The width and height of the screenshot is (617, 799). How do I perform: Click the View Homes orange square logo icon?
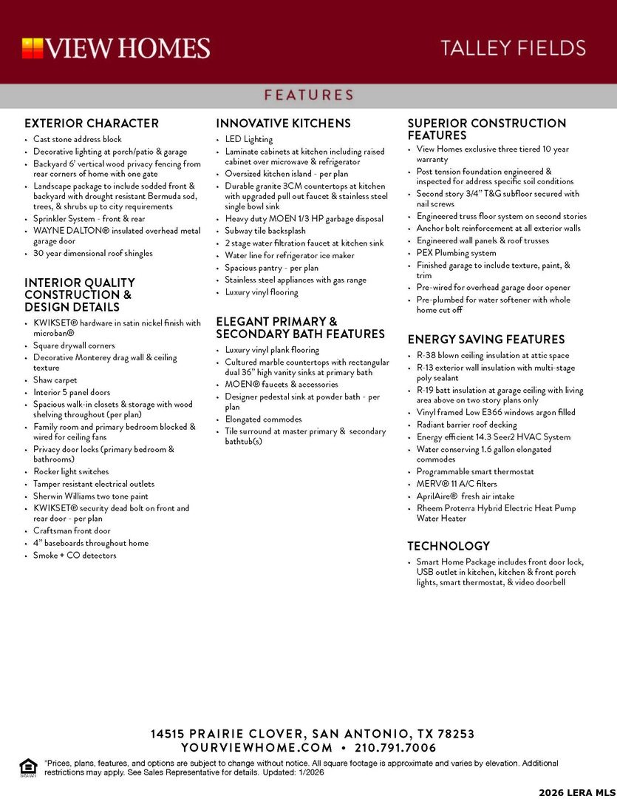[33, 49]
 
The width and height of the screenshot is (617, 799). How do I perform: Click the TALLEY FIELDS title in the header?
[513, 49]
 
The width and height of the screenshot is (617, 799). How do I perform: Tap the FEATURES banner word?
[309, 95]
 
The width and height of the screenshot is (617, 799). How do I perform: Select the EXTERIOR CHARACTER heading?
[92, 124]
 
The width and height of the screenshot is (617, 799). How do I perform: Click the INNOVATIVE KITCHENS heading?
[283, 124]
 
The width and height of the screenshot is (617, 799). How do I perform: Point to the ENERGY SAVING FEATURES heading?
[486, 340]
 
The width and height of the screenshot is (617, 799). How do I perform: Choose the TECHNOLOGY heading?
[449, 546]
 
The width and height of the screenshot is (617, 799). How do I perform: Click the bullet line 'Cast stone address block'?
[78, 139]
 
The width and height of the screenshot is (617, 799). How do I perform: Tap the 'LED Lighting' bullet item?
[249, 139]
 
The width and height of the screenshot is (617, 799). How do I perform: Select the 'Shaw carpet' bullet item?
[55, 380]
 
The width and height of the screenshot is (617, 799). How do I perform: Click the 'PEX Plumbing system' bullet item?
[456, 253]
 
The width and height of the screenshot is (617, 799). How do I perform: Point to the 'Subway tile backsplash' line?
[265, 231]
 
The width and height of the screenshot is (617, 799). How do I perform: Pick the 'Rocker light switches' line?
[71, 471]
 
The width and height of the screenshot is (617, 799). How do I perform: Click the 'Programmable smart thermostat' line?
[475, 471]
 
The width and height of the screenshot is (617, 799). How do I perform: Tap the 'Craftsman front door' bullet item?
[72, 530]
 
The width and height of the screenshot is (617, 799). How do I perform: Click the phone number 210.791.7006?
[395, 748]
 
